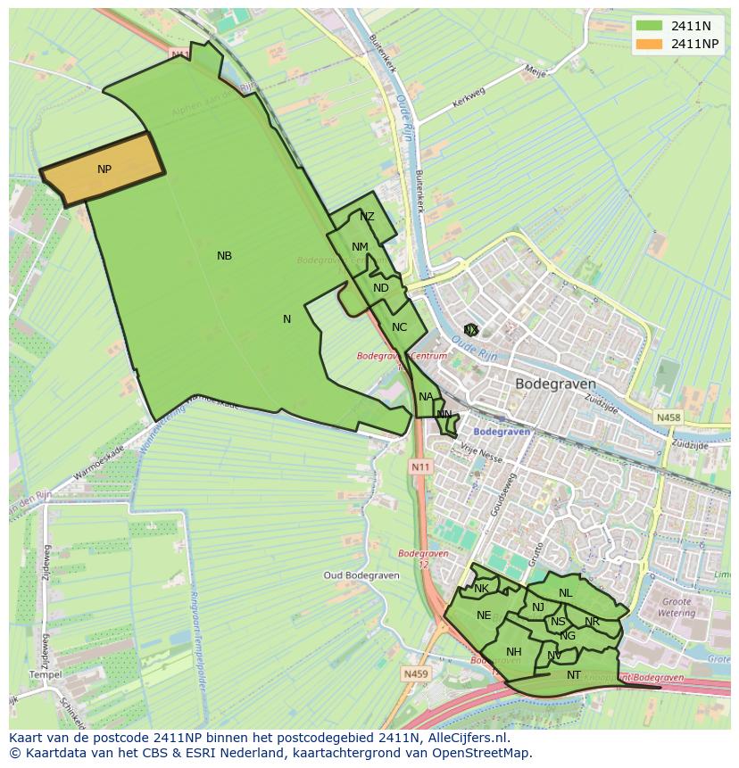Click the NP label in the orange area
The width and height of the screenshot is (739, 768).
104,169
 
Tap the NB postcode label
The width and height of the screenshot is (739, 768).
224,256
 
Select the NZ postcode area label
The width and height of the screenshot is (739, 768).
367,217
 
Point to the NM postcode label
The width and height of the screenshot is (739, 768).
360,247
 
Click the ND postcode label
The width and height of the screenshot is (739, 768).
381,288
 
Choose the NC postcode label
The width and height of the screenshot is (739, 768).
399,327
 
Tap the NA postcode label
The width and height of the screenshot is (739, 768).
426,397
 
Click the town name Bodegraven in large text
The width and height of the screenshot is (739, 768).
555,384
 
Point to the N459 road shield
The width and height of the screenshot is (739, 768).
415,674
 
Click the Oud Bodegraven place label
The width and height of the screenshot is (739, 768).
359,575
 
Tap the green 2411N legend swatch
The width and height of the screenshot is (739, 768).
649,26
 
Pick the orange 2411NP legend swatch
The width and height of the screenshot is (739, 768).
649,44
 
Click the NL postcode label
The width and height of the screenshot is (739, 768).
566,593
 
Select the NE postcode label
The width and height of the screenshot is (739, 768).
484,615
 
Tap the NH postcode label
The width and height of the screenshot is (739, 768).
513,652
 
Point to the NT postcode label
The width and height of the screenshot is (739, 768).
574,675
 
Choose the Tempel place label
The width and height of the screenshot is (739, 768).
46,674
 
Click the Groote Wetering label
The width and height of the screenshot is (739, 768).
676,607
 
